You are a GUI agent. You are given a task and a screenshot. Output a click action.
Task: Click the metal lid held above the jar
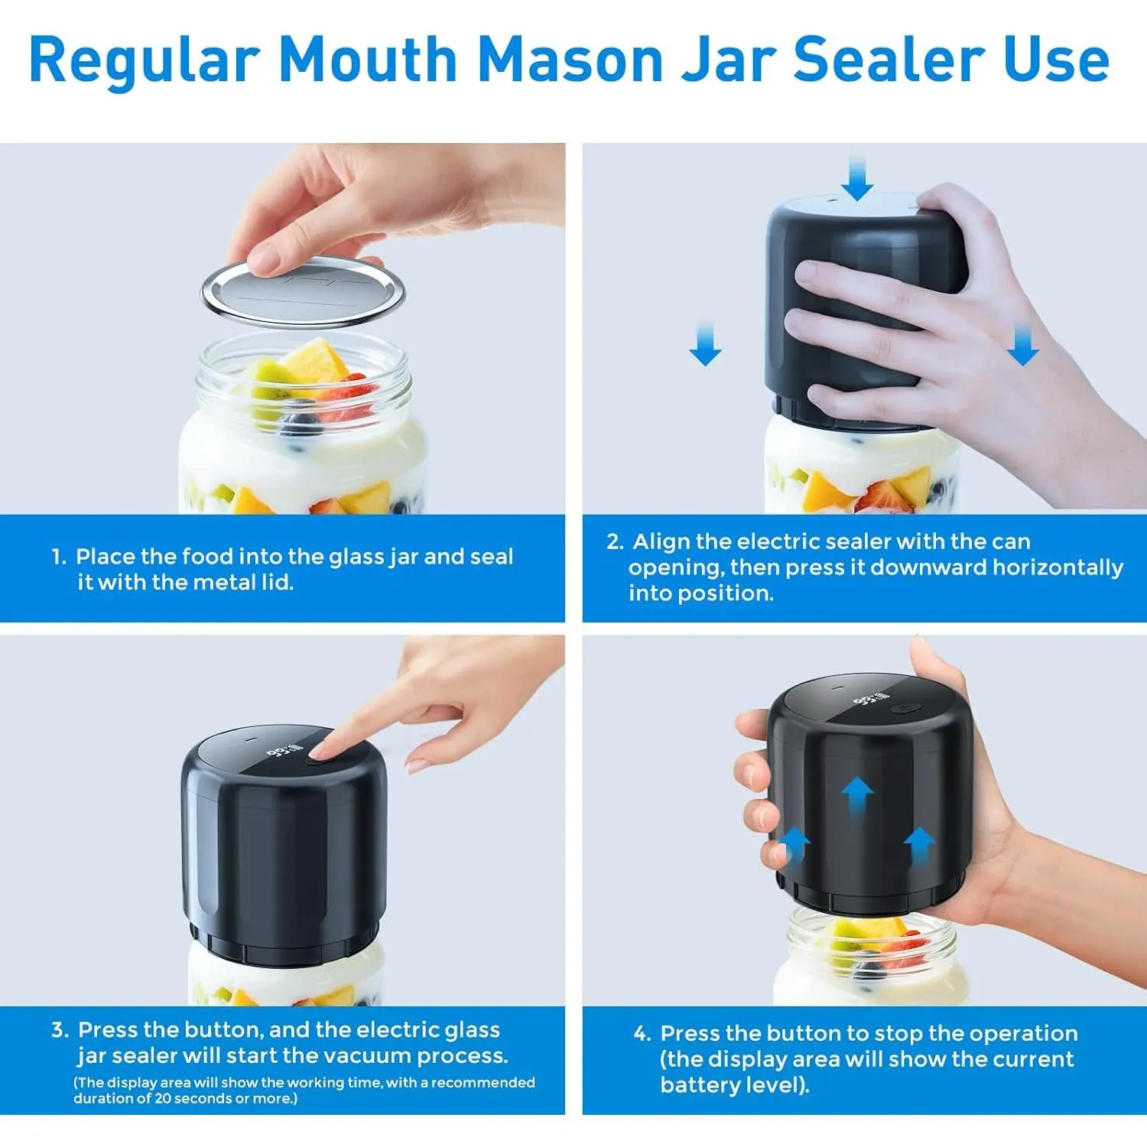(x=304, y=291)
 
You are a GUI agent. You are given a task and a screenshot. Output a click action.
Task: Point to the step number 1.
(x=59, y=557)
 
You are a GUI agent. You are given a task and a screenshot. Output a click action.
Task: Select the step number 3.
(x=60, y=1030)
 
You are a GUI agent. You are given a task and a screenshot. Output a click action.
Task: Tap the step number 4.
(x=642, y=1034)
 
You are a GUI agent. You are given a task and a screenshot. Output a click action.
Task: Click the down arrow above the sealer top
(x=856, y=178)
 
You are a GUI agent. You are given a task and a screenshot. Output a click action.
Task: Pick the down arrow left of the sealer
(x=705, y=343)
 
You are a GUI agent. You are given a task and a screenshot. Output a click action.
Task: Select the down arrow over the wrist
(x=1022, y=343)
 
